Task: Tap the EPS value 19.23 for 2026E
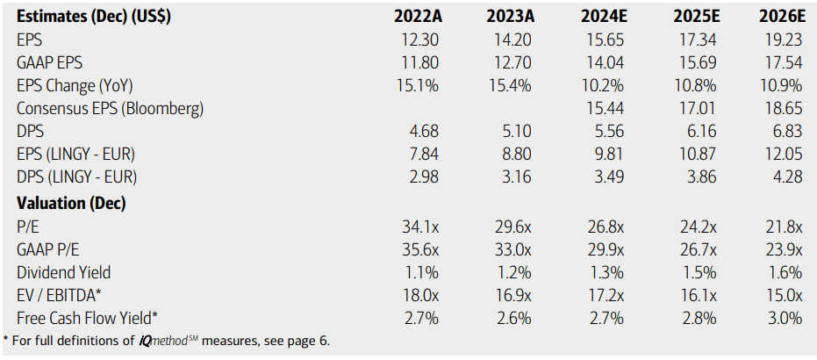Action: (x=781, y=40)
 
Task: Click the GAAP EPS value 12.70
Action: (x=510, y=63)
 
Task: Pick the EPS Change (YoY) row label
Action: (x=75, y=86)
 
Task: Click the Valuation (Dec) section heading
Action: (x=71, y=203)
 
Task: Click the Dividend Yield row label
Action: (x=63, y=271)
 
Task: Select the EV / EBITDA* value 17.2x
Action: (x=601, y=294)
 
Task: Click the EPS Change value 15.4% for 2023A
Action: (x=508, y=86)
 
